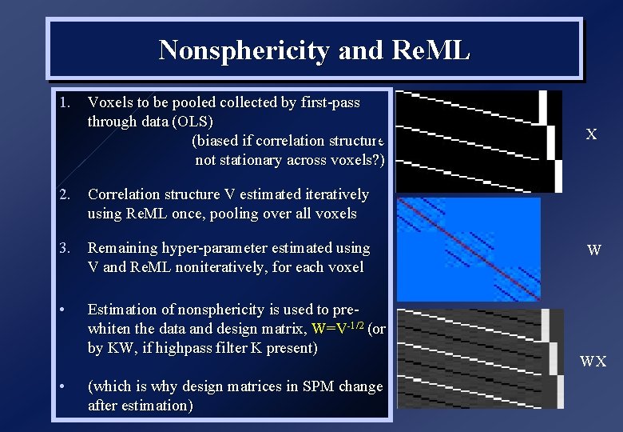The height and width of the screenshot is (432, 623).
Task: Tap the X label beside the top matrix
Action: coord(591,134)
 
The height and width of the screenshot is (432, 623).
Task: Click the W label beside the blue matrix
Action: coord(593,250)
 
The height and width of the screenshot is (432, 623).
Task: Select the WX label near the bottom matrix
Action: coord(593,362)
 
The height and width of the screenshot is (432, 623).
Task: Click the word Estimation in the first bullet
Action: coord(122,310)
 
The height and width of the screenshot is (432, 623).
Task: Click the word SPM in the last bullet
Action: coord(318,386)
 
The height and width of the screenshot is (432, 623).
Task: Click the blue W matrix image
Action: coord(468,249)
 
